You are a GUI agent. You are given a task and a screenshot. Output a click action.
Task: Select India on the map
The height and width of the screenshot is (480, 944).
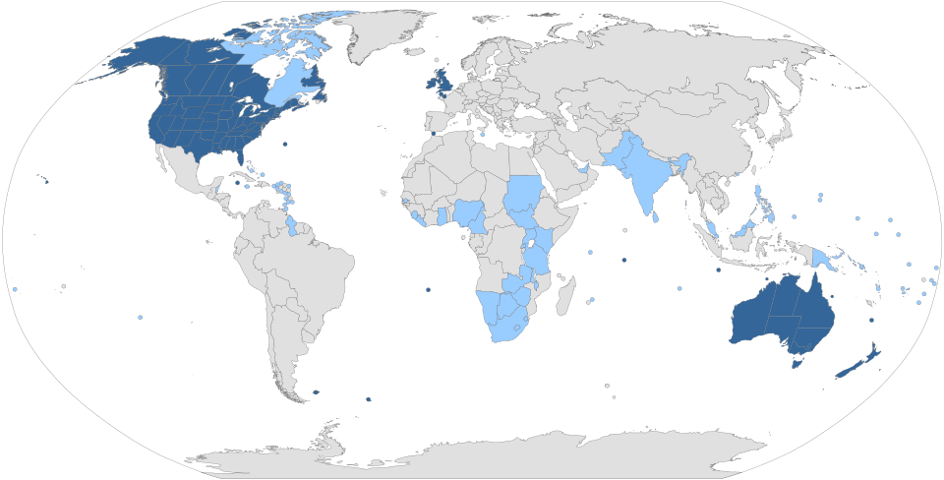click(644, 182)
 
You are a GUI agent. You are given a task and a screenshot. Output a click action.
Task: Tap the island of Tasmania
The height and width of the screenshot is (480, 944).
click(797, 362)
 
